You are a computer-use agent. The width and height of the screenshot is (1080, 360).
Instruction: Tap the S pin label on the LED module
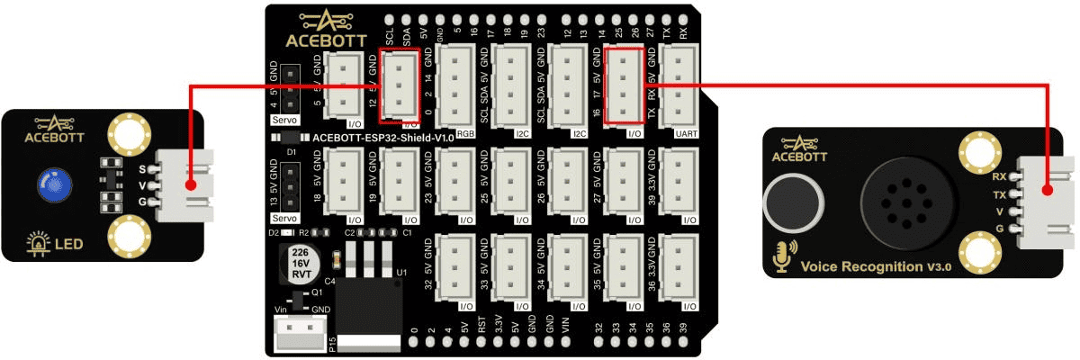coord(142,167)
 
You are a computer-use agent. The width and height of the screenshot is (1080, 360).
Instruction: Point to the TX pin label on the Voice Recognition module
coord(998,193)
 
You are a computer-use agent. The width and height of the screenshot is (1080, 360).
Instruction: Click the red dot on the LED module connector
coord(190,185)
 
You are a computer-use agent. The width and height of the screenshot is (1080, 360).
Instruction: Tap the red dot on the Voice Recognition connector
coord(1048,191)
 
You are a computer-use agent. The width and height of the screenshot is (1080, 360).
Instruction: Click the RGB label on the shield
coord(465,132)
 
